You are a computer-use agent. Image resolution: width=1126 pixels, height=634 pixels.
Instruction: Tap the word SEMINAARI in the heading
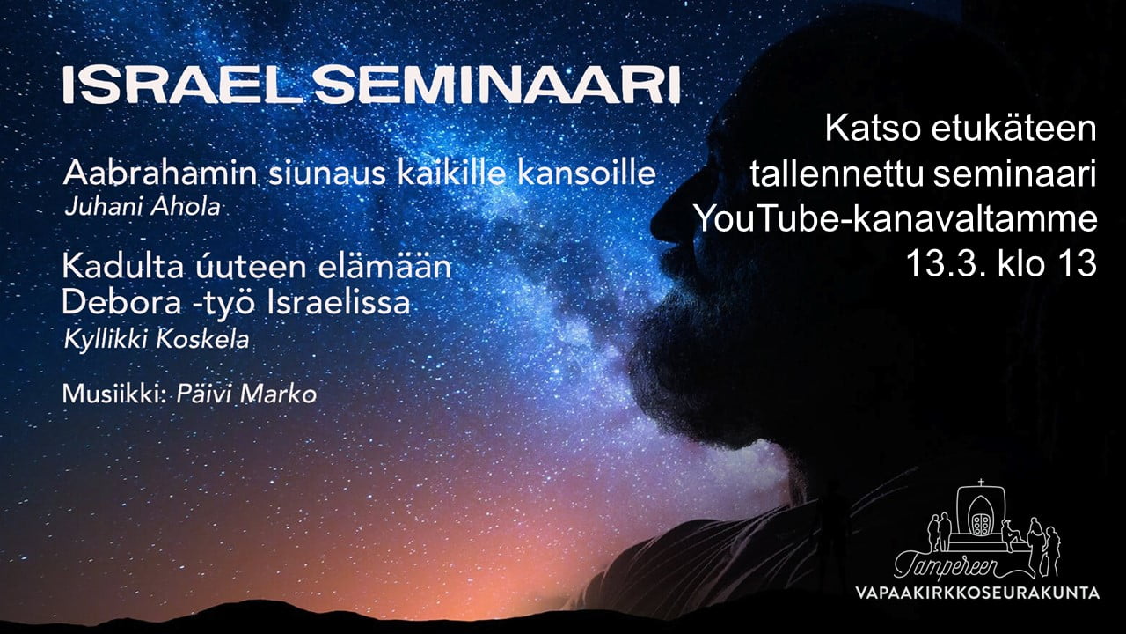497,85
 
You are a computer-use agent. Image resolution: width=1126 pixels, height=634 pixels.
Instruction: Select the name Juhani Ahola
143,207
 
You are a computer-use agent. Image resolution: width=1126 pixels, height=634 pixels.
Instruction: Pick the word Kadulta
122,266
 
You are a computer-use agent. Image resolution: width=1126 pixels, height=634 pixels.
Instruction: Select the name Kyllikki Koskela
157,340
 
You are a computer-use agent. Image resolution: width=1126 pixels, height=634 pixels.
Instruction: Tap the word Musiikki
114,394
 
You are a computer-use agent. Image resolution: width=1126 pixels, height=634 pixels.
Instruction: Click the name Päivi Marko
246,394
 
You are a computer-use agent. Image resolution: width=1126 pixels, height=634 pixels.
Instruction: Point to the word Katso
874,129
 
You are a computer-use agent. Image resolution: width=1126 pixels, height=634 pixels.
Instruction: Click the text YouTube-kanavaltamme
896,219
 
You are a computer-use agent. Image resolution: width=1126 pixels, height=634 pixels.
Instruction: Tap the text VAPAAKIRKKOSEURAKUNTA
977,593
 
